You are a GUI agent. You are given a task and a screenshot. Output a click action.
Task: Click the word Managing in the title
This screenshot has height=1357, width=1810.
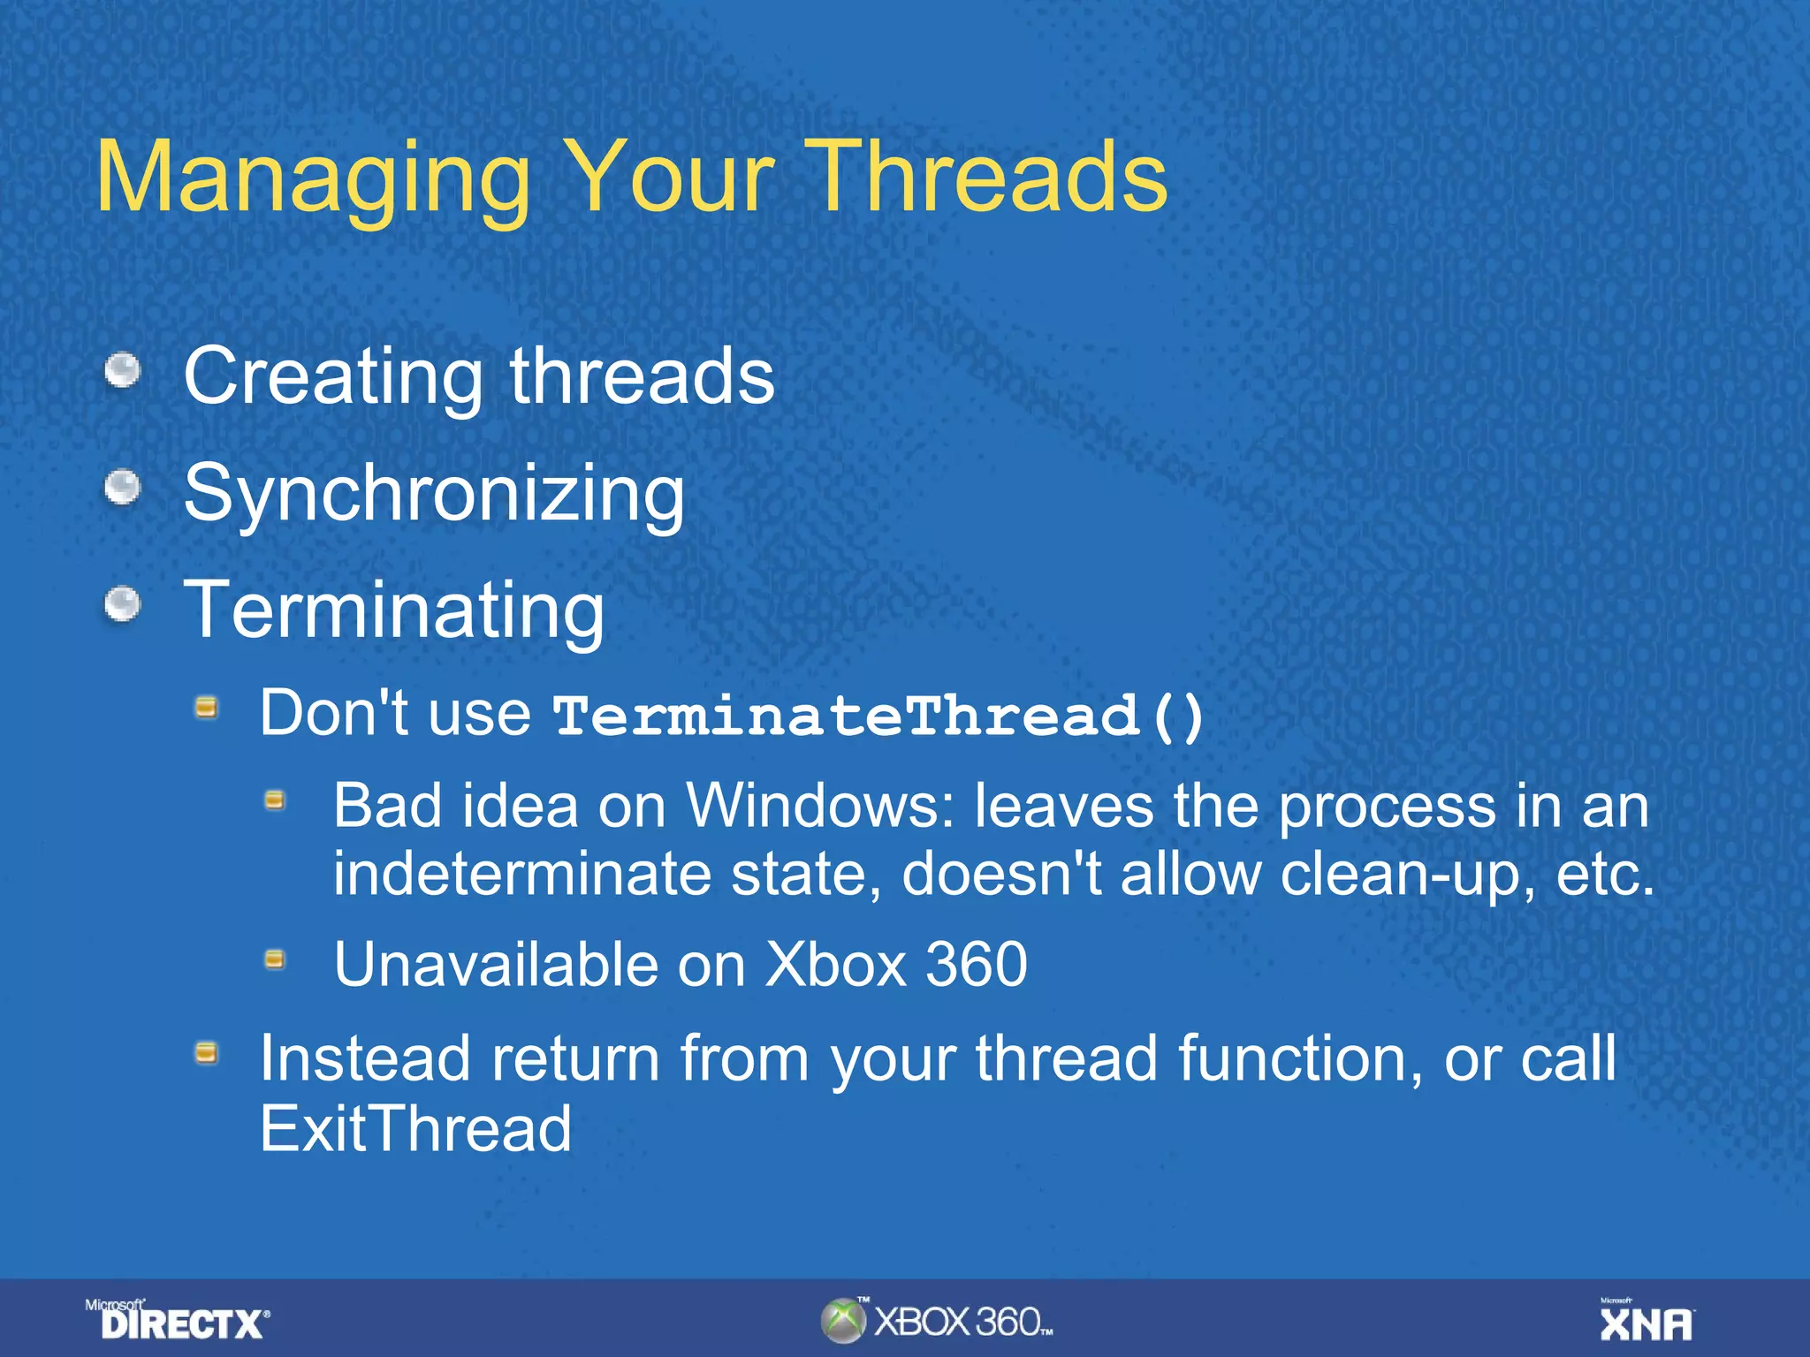point(314,179)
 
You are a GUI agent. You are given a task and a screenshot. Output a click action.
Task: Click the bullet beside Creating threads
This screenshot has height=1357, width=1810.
point(123,370)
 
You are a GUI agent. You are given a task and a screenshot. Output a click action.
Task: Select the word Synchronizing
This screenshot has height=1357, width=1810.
point(434,493)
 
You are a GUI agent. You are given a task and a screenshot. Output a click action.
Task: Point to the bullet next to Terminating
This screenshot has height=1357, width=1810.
point(123,605)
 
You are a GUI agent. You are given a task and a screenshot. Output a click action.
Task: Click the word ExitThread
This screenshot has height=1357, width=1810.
point(415,1128)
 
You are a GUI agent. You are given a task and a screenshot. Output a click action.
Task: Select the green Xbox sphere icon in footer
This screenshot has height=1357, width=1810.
point(842,1321)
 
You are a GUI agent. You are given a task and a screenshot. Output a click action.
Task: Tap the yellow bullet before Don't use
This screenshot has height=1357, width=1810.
point(207,707)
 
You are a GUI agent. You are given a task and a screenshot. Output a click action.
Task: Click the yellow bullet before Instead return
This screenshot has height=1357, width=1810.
point(207,1052)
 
